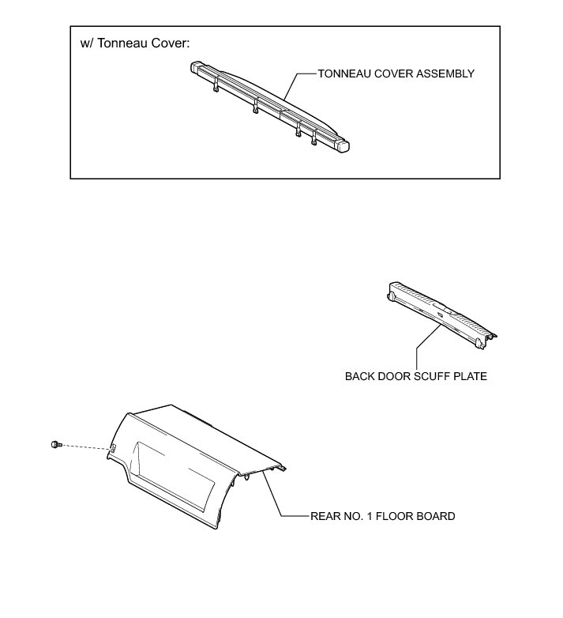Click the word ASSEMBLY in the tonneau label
click(x=443, y=73)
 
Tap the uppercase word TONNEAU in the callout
click(x=345, y=73)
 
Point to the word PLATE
click(x=469, y=376)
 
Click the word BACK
click(x=360, y=376)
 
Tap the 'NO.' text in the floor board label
click(x=351, y=516)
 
